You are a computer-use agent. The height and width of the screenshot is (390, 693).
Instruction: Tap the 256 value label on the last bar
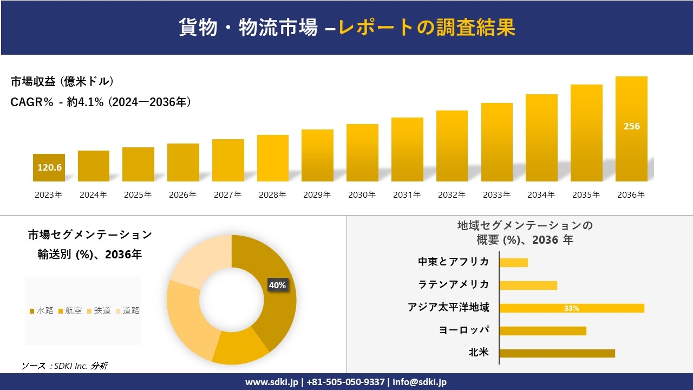(631, 126)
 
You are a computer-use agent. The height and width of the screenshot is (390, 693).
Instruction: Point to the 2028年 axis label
(272, 195)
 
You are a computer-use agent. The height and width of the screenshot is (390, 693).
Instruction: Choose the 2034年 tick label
(541, 195)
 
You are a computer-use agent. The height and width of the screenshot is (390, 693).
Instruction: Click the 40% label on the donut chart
(277, 285)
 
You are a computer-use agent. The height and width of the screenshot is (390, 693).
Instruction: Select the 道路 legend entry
(127, 310)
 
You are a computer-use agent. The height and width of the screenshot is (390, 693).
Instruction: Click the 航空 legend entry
(70, 310)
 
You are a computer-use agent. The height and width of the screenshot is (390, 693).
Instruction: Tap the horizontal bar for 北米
(557, 353)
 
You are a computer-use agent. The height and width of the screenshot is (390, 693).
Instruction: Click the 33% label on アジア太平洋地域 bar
(571, 308)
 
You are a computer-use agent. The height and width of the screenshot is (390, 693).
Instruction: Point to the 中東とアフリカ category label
(453, 262)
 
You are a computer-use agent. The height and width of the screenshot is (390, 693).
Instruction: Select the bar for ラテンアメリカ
(528, 285)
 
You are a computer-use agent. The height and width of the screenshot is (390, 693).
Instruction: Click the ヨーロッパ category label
(464, 330)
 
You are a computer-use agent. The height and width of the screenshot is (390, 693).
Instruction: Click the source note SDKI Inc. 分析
(65, 366)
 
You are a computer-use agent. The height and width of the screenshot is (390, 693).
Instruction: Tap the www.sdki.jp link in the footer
(271, 382)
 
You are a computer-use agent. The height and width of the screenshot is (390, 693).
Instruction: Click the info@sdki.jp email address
(420, 382)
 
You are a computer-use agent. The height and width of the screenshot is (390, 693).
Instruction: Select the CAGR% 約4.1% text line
(101, 102)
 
